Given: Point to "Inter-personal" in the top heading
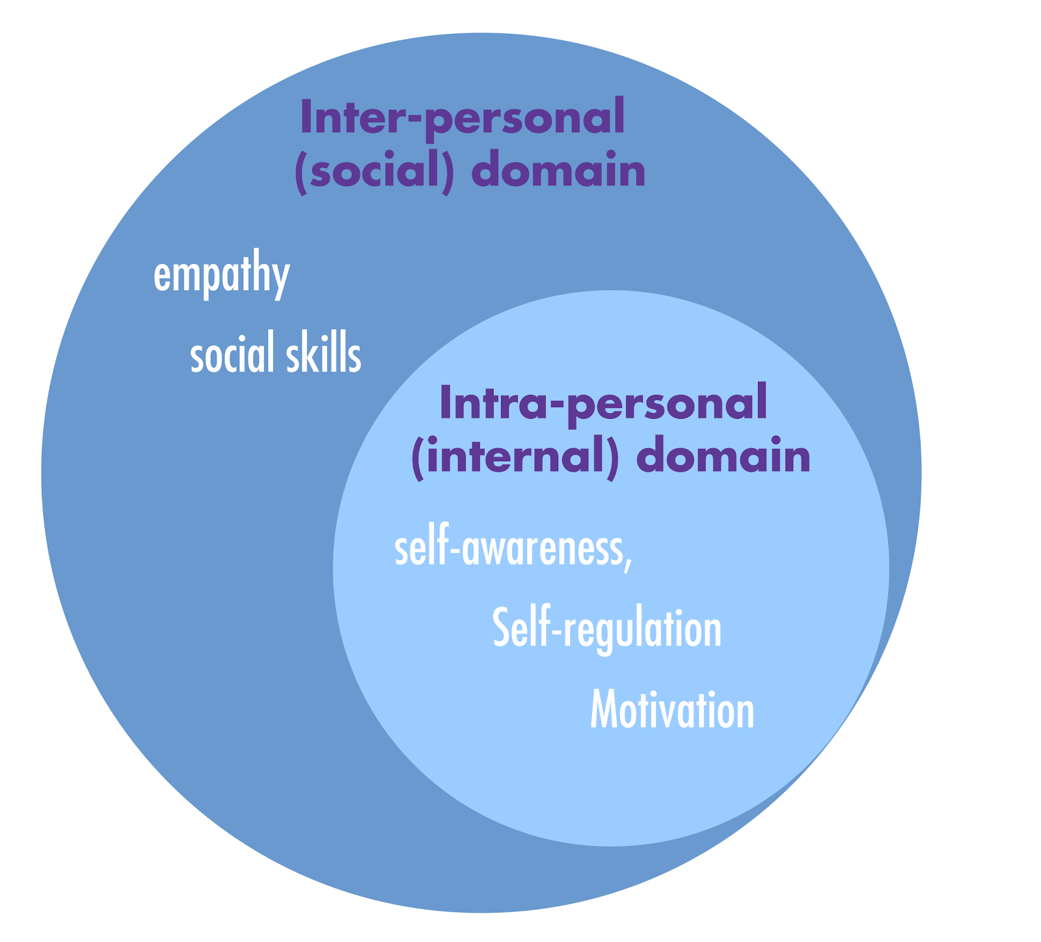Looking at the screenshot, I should pos(462,118).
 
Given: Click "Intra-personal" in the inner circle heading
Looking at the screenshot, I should pos(603,402).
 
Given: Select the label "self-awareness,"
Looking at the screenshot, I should pos(513,550).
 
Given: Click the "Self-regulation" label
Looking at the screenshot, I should pos(607,628).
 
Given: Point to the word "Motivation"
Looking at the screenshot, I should pos(672,710).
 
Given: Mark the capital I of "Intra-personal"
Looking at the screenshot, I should pos(446,401).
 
